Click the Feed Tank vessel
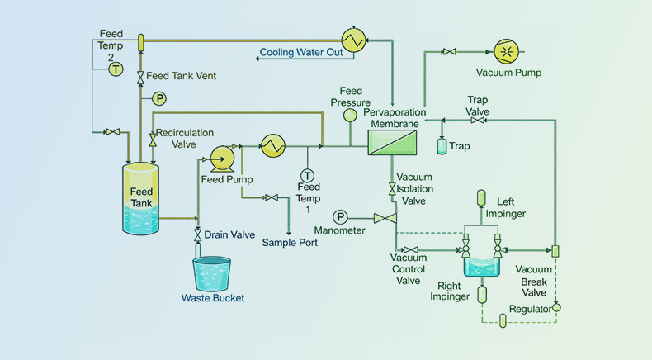tap(140, 199)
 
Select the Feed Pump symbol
tap(221, 155)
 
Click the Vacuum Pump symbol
tap(506, 51)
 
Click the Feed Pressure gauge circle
tap(350, 115)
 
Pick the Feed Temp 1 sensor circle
tap(307, 175)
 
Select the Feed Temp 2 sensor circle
tap(116, 70)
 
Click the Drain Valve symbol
tap(197, 235)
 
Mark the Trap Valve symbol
tap(477, 121)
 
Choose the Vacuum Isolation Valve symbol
tap(392, 190)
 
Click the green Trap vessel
tap(441, 146)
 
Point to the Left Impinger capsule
tap(482, 198)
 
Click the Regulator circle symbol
tap(555, 308)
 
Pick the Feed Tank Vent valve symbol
tap(140, 77)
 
